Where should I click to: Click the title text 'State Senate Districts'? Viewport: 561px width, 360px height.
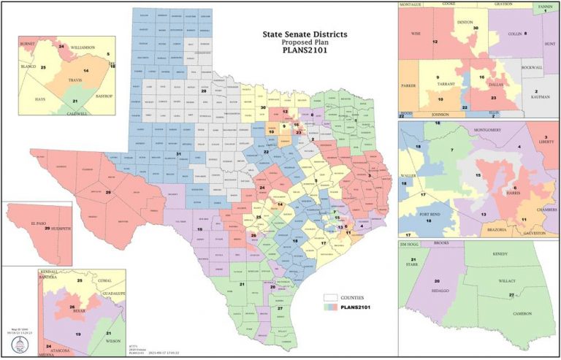[x=305, y=34]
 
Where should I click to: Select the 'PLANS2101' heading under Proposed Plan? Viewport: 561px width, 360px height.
[x=305, y=51]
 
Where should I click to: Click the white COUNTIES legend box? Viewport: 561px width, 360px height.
[x=331, y=297]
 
